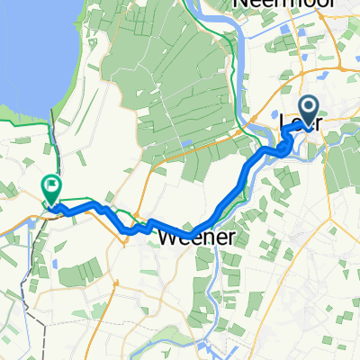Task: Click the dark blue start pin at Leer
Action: coord(310,112)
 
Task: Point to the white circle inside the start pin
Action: coord(310,108)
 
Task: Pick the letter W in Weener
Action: coord(168,238)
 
